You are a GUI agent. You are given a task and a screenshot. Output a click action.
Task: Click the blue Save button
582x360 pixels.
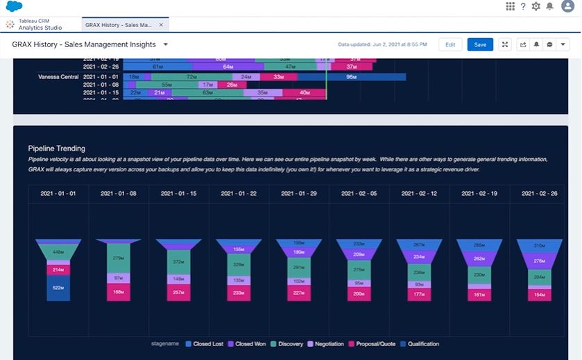480,44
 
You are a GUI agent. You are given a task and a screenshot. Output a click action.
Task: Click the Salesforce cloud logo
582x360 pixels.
15,7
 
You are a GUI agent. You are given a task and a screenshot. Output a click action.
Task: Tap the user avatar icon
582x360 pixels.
567,6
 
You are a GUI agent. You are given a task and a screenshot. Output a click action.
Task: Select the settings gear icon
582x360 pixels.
536,6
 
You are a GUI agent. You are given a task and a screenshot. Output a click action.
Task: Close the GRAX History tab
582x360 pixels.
161,25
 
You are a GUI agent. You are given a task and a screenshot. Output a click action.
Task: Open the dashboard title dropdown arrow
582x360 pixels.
166,44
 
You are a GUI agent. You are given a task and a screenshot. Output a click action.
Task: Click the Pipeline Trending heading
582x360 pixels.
57,148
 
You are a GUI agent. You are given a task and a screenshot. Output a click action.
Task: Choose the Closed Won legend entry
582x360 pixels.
248,343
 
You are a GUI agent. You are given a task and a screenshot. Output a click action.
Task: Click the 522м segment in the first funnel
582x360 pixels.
58,288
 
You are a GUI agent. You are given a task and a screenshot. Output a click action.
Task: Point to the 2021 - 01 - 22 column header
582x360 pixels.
239,194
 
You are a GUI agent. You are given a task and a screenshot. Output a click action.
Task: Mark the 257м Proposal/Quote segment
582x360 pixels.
179,293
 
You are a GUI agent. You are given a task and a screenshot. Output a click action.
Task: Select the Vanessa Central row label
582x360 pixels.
58,77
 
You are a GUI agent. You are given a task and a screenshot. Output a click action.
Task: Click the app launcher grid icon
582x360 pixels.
511,6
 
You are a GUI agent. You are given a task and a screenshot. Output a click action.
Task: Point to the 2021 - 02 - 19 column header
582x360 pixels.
479,194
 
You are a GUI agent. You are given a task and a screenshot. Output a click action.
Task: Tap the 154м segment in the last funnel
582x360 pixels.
539,294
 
